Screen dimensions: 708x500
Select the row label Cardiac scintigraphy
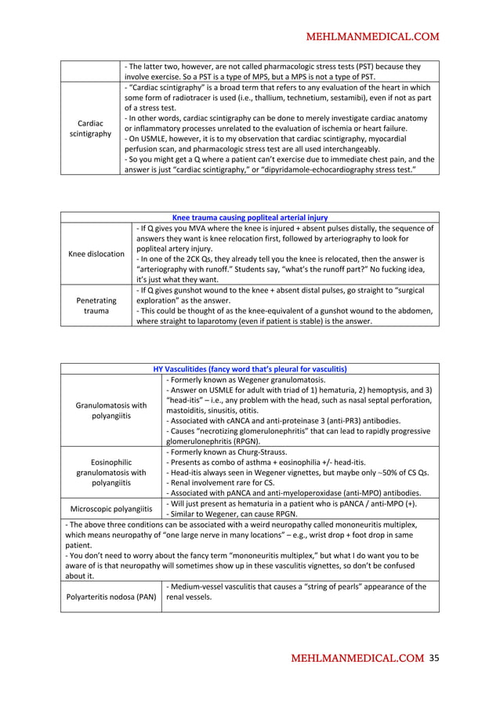pos(90,129)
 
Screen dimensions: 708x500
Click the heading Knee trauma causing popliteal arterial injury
pos(249,217)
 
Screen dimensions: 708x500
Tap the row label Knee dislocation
pos(96,254)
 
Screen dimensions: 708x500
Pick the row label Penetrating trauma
pos(96,306)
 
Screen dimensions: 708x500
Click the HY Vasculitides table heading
pos(249,369)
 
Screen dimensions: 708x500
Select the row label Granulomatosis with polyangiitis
pos(111,410)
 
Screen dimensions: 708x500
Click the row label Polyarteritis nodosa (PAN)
pos(111,597)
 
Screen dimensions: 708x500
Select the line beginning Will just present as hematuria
pos(292,503)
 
